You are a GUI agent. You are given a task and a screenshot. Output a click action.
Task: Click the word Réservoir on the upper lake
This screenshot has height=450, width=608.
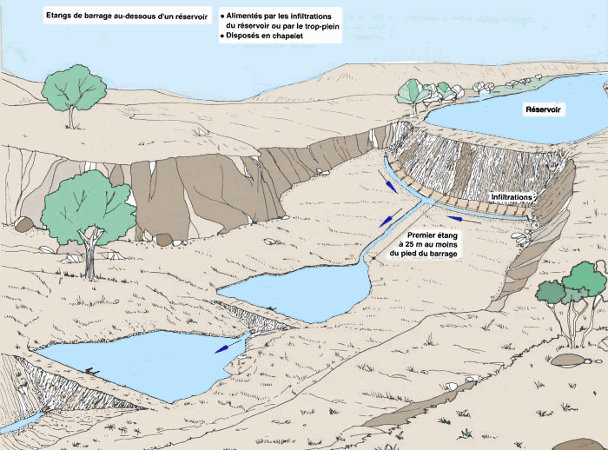[544, 109]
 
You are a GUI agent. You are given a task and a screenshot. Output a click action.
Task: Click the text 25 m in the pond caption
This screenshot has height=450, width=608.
[428, 243]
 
